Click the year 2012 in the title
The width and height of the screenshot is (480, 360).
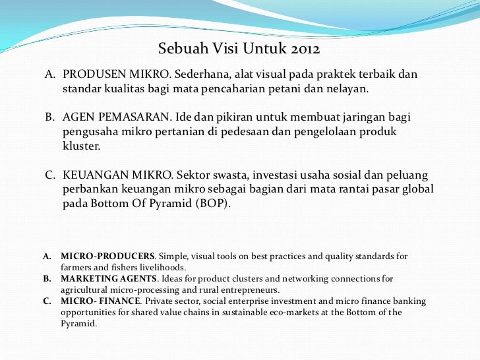(305, 49)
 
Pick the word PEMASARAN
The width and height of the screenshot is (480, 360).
(139, 117)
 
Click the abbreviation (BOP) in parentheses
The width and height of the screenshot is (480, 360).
(214, 204)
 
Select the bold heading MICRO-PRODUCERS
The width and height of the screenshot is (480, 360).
(108, 256)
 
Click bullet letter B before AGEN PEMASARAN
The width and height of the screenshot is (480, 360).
(49, 117)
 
